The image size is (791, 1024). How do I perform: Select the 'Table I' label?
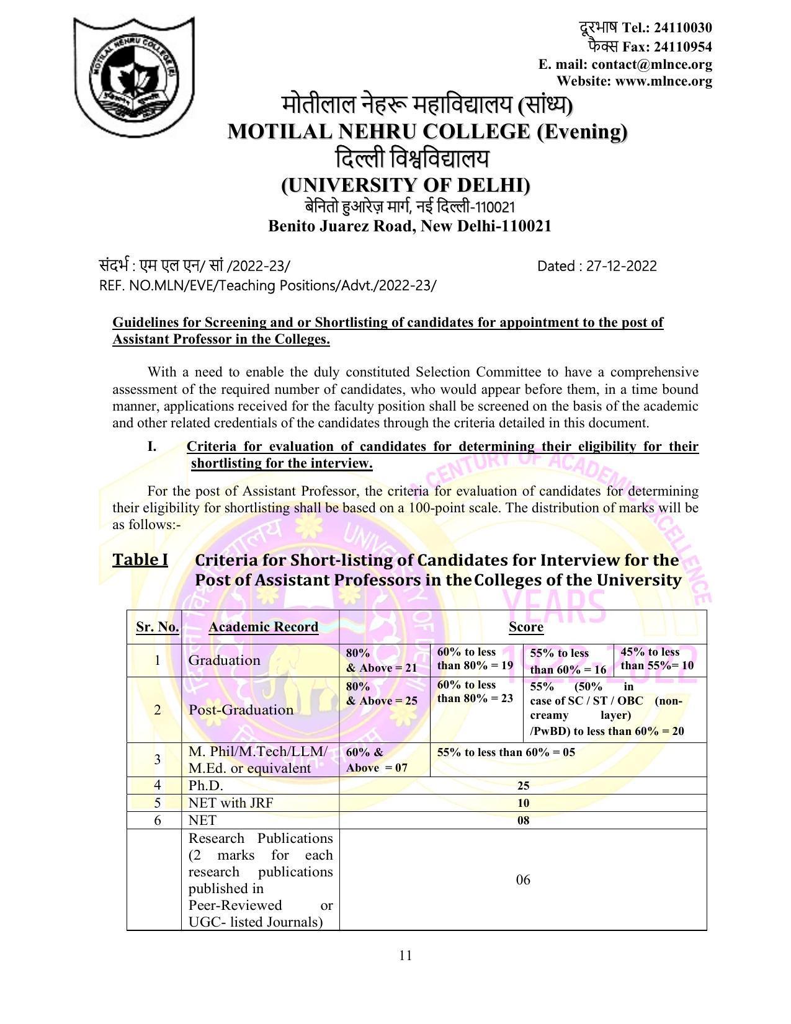[140, 560]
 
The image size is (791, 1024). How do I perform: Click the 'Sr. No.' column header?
[157, 627]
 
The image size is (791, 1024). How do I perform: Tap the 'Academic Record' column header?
[263, 627]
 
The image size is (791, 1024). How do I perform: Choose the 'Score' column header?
[525, 627]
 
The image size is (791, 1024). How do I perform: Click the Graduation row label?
[224, 660]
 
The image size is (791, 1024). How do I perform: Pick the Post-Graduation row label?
[241, 710]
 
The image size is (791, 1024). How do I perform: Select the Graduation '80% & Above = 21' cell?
[382, 660]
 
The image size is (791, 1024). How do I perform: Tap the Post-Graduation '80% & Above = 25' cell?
[382, 693]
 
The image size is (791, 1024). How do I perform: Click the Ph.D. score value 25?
[523, 786]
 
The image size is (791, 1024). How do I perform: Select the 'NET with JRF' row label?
[230, 803]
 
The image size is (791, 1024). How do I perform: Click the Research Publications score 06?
[523, 880]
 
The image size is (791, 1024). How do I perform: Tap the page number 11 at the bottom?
[406, 955]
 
